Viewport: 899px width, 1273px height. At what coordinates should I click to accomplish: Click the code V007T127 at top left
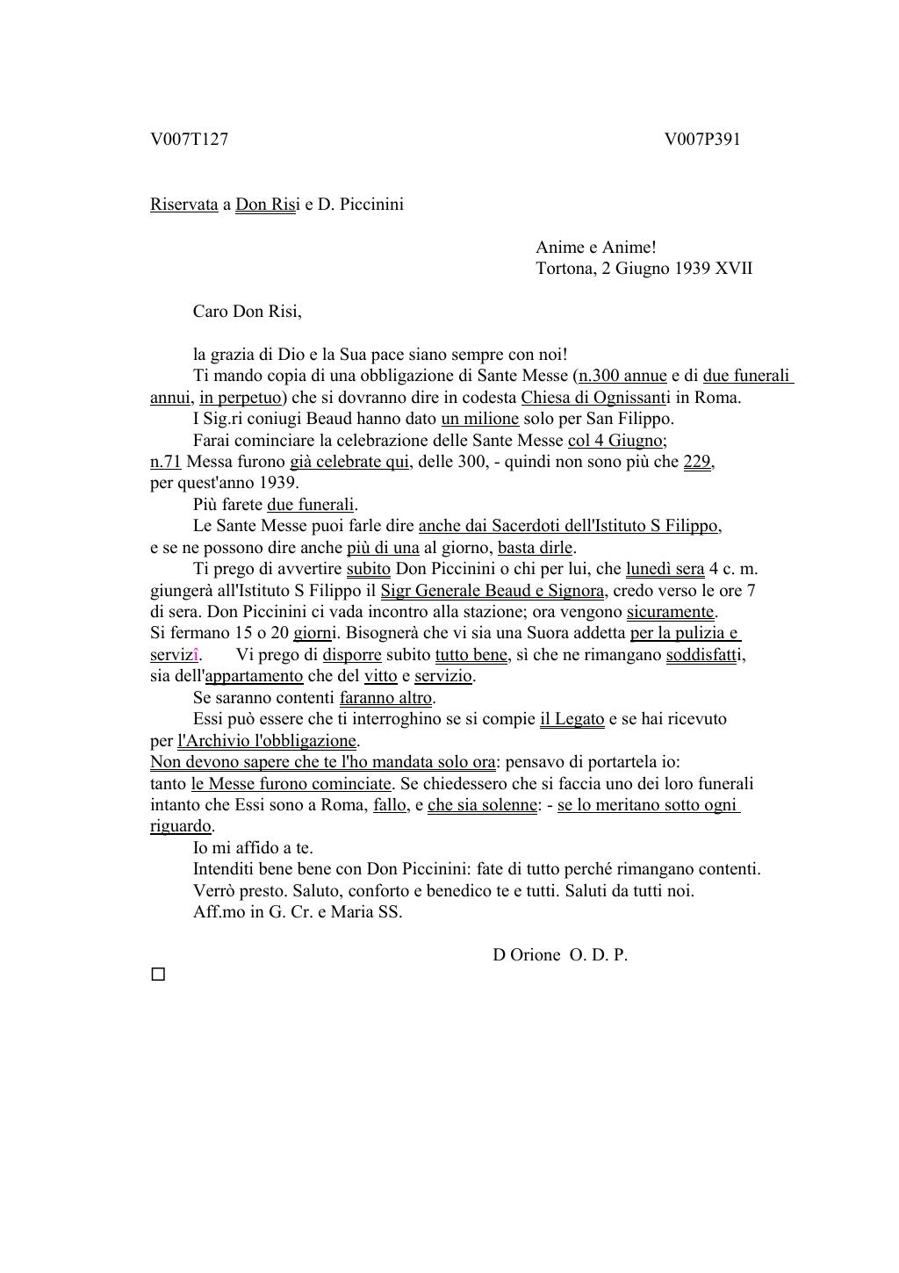(x=189, y=140)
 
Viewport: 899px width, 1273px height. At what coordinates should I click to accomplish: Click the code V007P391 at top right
(x=702, y=140)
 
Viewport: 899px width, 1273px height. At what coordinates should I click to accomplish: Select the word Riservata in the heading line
(x=183, y=205)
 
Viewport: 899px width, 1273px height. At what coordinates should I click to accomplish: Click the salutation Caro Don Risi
(x=247, y=312)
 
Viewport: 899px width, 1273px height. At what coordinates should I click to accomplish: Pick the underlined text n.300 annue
(x=622, y=376)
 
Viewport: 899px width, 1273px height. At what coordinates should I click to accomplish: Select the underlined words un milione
(x=479, y=419)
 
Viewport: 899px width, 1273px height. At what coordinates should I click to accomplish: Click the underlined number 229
(x=696, y=462)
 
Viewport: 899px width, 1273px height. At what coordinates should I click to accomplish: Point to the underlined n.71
(x=165, y=462)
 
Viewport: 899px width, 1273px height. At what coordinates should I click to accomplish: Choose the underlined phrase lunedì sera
(x=665, y=569)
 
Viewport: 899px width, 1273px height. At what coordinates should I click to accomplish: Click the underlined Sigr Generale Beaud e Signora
(x=493, y=591)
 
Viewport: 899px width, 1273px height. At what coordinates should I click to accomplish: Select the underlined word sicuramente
(x=671, y=612)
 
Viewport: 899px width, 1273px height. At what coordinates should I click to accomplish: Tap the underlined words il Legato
(x=572, y=719)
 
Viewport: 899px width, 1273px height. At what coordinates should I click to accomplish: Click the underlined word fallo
(x=390, y=805)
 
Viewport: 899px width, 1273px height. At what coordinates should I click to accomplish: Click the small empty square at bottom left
(x=158, y=975)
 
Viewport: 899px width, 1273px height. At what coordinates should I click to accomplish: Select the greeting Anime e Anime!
(x=595, y=248)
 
